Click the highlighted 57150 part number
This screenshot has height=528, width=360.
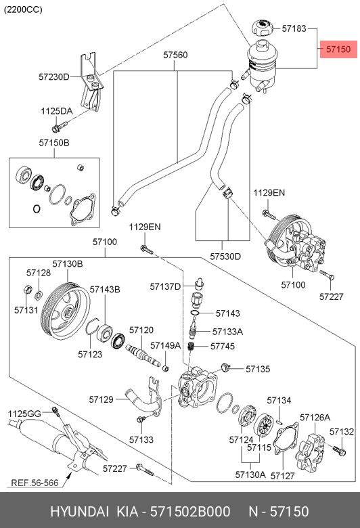(338, 49)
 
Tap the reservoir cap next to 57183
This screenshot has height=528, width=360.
(262, 28)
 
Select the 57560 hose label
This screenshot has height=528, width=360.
(175, 55)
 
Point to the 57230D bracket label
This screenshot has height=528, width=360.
(54, 77)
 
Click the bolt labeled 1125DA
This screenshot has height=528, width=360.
(60, 127)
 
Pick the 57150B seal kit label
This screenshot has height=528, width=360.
(54, 143)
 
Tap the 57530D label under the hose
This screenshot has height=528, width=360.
(225, 257)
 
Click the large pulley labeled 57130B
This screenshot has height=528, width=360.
(66, 312)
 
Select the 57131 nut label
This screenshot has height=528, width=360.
(26, 310)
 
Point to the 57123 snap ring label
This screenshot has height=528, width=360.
(90, 354)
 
